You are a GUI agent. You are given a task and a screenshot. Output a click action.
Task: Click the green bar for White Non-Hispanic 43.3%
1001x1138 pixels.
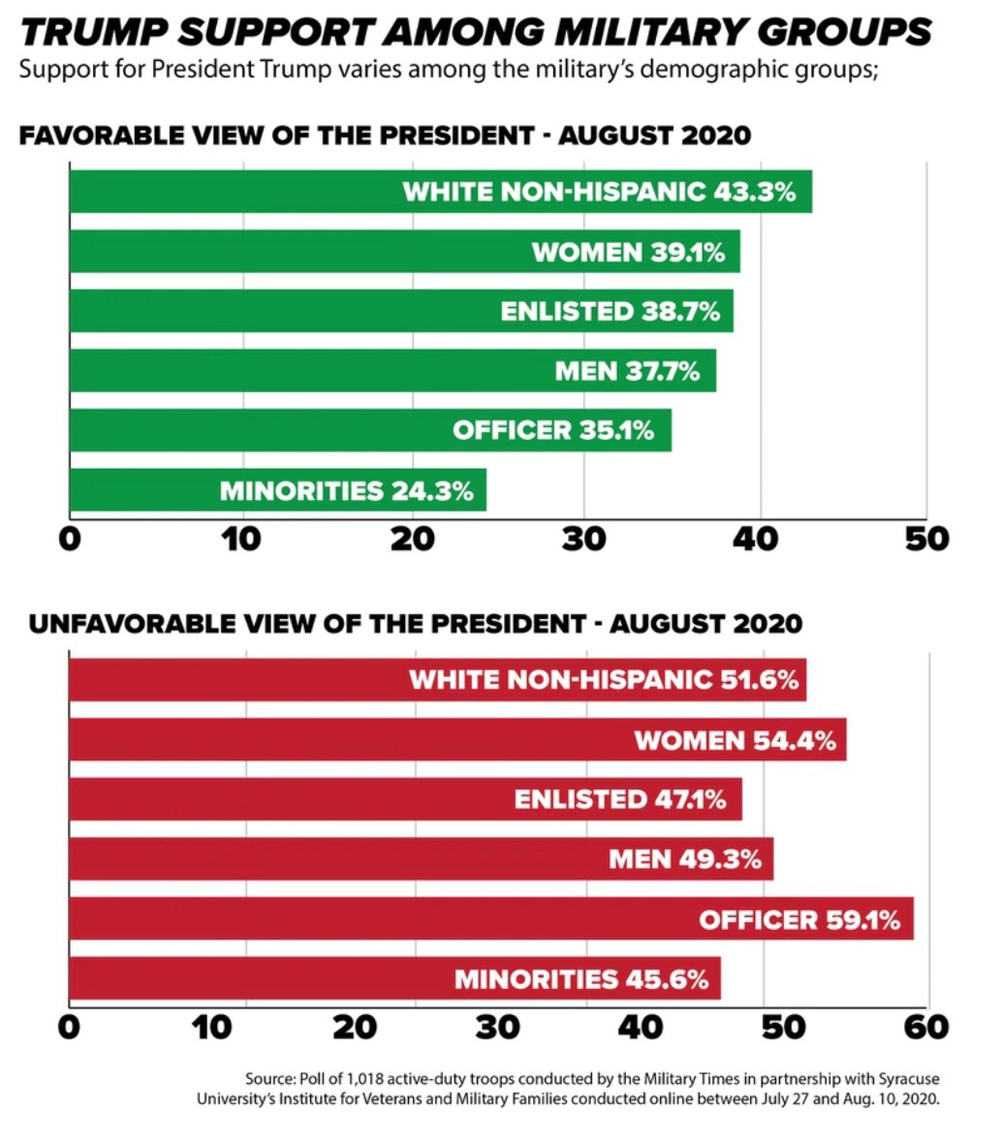click(440, 192)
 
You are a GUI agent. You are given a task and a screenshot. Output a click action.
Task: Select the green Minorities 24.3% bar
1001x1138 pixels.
click(277, 490)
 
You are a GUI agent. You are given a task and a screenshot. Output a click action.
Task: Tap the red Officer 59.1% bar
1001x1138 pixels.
click(490, 918)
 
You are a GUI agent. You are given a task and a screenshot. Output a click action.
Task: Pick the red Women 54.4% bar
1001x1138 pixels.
click(457, 740)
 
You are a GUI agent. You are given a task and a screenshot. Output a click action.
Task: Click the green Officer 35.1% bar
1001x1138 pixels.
click(370, 430)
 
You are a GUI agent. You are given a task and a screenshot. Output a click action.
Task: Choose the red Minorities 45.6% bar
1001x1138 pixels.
click(394, 978)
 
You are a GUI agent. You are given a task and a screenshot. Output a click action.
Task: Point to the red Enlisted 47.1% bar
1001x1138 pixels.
click(405, 799)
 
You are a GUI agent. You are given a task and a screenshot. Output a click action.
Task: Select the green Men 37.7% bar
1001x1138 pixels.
click(392, 371)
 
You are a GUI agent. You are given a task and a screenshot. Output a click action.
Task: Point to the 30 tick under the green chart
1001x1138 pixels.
click(583, 538)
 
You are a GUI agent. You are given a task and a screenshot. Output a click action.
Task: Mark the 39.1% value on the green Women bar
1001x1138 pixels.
click(684, 253)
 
